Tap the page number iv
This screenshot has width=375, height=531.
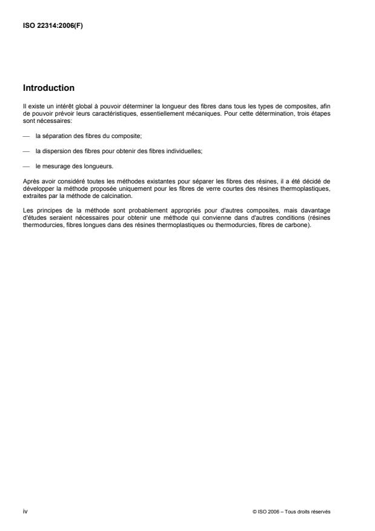point(25,511)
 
